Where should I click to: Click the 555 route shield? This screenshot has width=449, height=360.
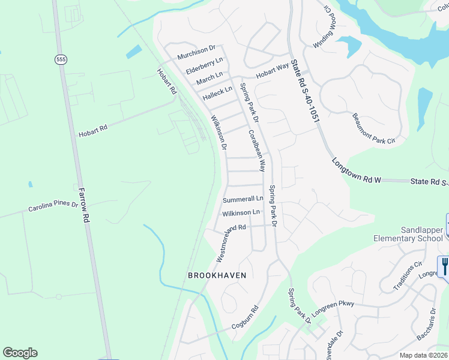61,59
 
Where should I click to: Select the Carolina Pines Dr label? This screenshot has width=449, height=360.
53,208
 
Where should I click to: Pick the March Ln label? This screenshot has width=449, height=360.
209,79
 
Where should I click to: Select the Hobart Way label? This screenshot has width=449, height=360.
273,72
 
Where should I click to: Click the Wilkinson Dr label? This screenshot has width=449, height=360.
218,131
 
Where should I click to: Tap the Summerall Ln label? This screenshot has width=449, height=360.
243,199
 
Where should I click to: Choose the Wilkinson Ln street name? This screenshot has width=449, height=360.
241,212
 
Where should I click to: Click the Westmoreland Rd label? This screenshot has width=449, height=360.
231,243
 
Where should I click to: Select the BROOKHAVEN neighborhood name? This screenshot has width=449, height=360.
217,275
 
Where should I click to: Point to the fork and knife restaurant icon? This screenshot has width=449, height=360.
444,266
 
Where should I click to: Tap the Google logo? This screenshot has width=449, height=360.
20,353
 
